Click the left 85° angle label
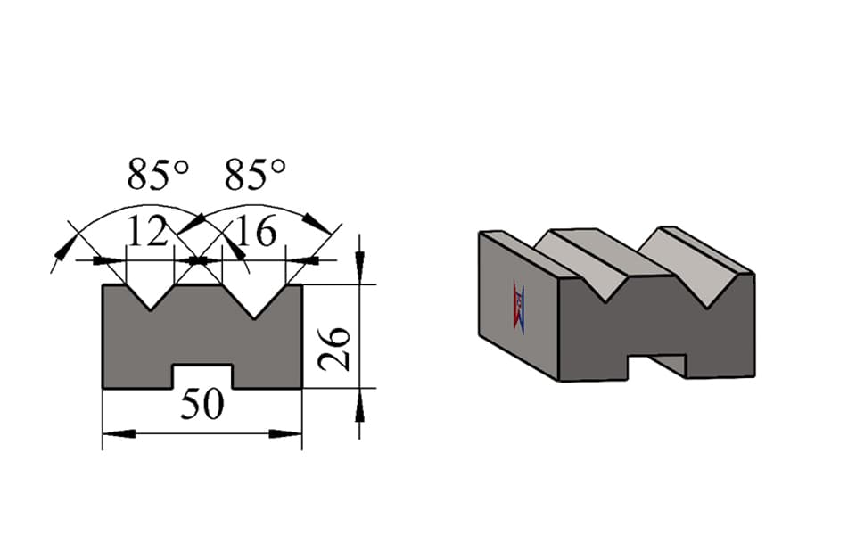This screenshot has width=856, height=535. coord(158,175)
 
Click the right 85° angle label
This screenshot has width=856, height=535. coord(255,175)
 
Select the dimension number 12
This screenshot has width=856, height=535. coord(147,232)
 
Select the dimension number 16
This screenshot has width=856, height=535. coord(256,232)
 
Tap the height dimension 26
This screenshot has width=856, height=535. coord(334,350)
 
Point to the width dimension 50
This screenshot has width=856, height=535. coord(202,405)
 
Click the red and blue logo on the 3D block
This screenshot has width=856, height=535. coord(519,308)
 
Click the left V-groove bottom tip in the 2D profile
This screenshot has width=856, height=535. coord(151,310)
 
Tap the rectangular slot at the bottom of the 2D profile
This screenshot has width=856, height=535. coord(202,376)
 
